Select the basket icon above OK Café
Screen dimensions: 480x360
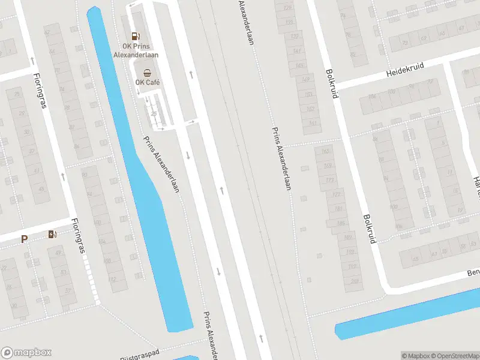147,72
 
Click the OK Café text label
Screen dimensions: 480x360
147,83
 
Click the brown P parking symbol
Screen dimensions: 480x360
25,239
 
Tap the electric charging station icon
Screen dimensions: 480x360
53,234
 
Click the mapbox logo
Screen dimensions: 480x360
26,353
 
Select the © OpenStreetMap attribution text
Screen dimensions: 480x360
453,355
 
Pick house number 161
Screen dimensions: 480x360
313,123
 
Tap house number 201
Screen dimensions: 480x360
355,281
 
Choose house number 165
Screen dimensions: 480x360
326,151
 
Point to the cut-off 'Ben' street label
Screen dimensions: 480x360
473,273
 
